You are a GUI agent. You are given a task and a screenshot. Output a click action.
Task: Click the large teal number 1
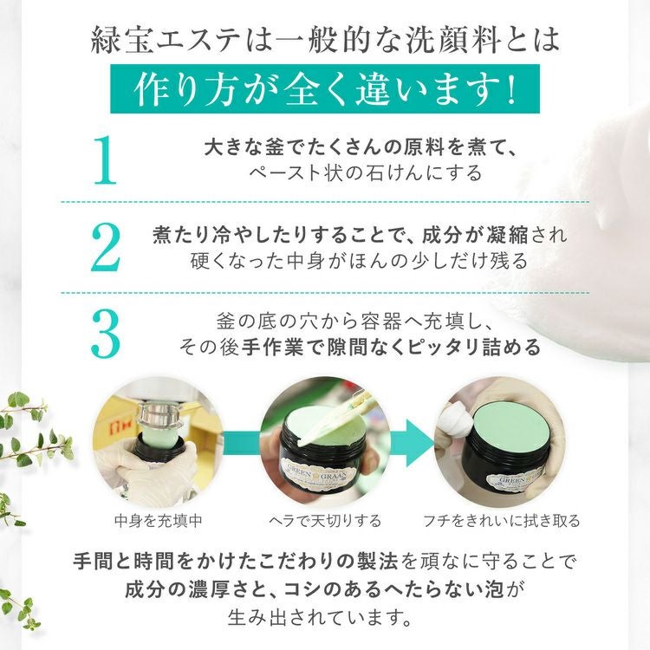click(x=105, y=160)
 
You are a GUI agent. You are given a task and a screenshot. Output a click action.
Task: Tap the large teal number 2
click(x=106, y=247)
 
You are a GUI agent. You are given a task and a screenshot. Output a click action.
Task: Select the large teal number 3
click(x=106, y=335)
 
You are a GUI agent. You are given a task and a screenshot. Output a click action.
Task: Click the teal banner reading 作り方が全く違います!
click(x=325, y=88)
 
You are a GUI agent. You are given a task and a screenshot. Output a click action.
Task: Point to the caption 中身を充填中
click(x=159, y=521)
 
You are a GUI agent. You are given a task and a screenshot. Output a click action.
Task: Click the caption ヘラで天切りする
click(x=325, y=521)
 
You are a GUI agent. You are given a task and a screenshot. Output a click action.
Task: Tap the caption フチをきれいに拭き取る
click(x=501, y=521)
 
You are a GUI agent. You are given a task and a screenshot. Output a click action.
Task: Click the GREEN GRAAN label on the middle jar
click(x=318, y=472)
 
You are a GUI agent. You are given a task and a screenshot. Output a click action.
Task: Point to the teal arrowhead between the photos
click(x=418, y=443)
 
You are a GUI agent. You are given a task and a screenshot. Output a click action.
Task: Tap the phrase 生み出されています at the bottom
click(x=315, y=618)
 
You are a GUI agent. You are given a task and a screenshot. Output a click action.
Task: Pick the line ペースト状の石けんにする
click(x=366, y=172)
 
